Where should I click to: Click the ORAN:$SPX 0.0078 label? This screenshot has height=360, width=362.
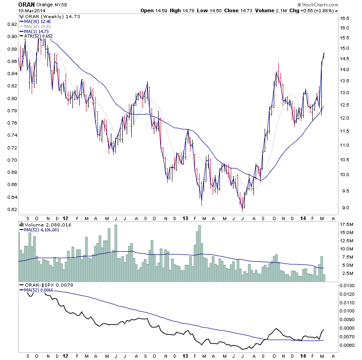pos(46,285)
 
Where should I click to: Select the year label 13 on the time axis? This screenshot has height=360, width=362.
pos(185,217)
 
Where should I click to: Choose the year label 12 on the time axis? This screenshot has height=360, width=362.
pos(66,217)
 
